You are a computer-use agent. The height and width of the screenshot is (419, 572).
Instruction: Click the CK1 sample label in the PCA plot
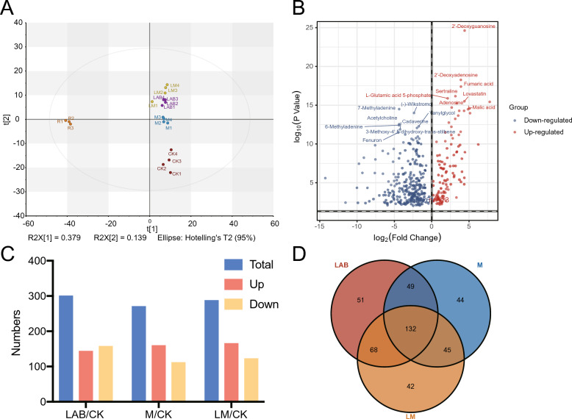click(x=176, y=173)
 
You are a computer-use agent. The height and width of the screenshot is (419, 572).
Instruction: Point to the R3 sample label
click(x=70, y=128)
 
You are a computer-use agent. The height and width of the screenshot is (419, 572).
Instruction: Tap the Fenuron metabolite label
click(x=372, y=140)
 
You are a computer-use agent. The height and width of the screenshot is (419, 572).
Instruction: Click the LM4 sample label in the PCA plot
click(x=174, y=85)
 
